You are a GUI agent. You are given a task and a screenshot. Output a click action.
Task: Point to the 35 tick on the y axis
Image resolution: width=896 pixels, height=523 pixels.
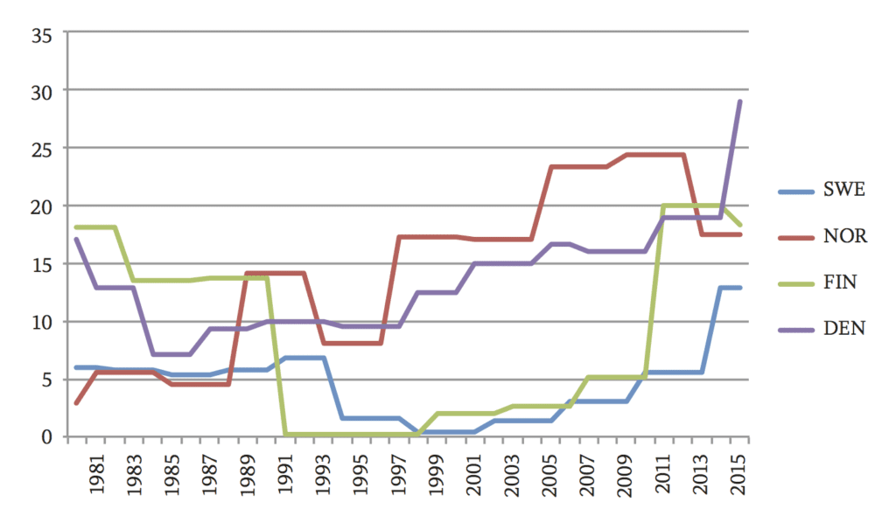[41, 34]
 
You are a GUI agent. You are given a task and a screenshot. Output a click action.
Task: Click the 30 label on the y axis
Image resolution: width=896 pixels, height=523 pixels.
[41, 91]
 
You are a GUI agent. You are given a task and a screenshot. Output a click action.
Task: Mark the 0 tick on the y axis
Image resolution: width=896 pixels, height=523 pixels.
[47, 436]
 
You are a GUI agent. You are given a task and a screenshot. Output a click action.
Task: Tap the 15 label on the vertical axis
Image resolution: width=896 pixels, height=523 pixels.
[41, 263]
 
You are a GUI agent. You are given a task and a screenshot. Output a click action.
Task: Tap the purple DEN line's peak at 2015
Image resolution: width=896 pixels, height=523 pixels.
[739, 101]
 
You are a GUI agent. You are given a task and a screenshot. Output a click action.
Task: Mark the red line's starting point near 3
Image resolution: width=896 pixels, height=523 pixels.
[78, 402]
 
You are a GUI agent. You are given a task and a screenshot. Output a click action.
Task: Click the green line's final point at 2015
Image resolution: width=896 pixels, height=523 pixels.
[739, 225]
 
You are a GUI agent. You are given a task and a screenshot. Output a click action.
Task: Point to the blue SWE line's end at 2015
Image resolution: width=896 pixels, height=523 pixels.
[739, 288]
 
